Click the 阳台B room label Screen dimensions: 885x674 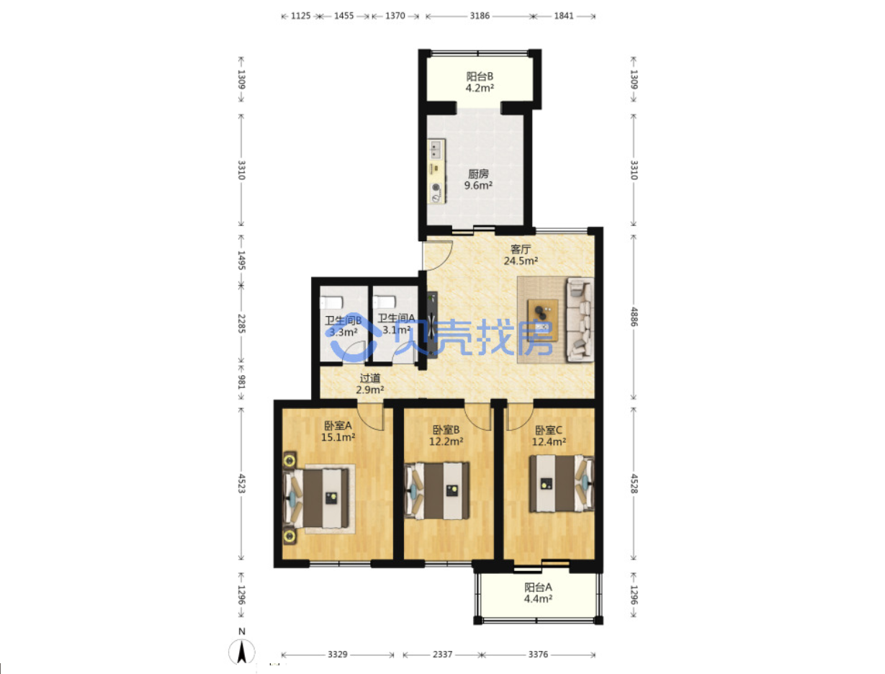point(480,82)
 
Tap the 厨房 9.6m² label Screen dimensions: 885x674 point(478,179)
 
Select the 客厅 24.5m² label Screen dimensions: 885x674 point(521,255)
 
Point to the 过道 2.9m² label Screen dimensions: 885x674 point(369,384)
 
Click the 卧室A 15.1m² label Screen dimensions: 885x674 point(338,431)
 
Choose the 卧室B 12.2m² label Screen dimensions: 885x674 point(446,436)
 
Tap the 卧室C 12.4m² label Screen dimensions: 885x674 point(549,436)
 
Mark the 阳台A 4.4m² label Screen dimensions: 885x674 point(538,593)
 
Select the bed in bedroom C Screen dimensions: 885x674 point(562,484)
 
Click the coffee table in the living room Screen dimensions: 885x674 point(543,320)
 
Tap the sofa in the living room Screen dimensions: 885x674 point(580,319)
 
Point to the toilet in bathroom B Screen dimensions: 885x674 point(331,302)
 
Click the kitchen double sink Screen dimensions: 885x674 point(435,149)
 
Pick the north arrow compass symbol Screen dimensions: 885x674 point(241,650)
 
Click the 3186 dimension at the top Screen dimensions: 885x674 point(480,16)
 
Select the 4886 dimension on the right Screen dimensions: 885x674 point(634,317)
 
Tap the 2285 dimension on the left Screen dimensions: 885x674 point(241,324)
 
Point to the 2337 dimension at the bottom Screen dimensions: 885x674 point(442,655)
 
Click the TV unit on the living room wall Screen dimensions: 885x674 point(432,325)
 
